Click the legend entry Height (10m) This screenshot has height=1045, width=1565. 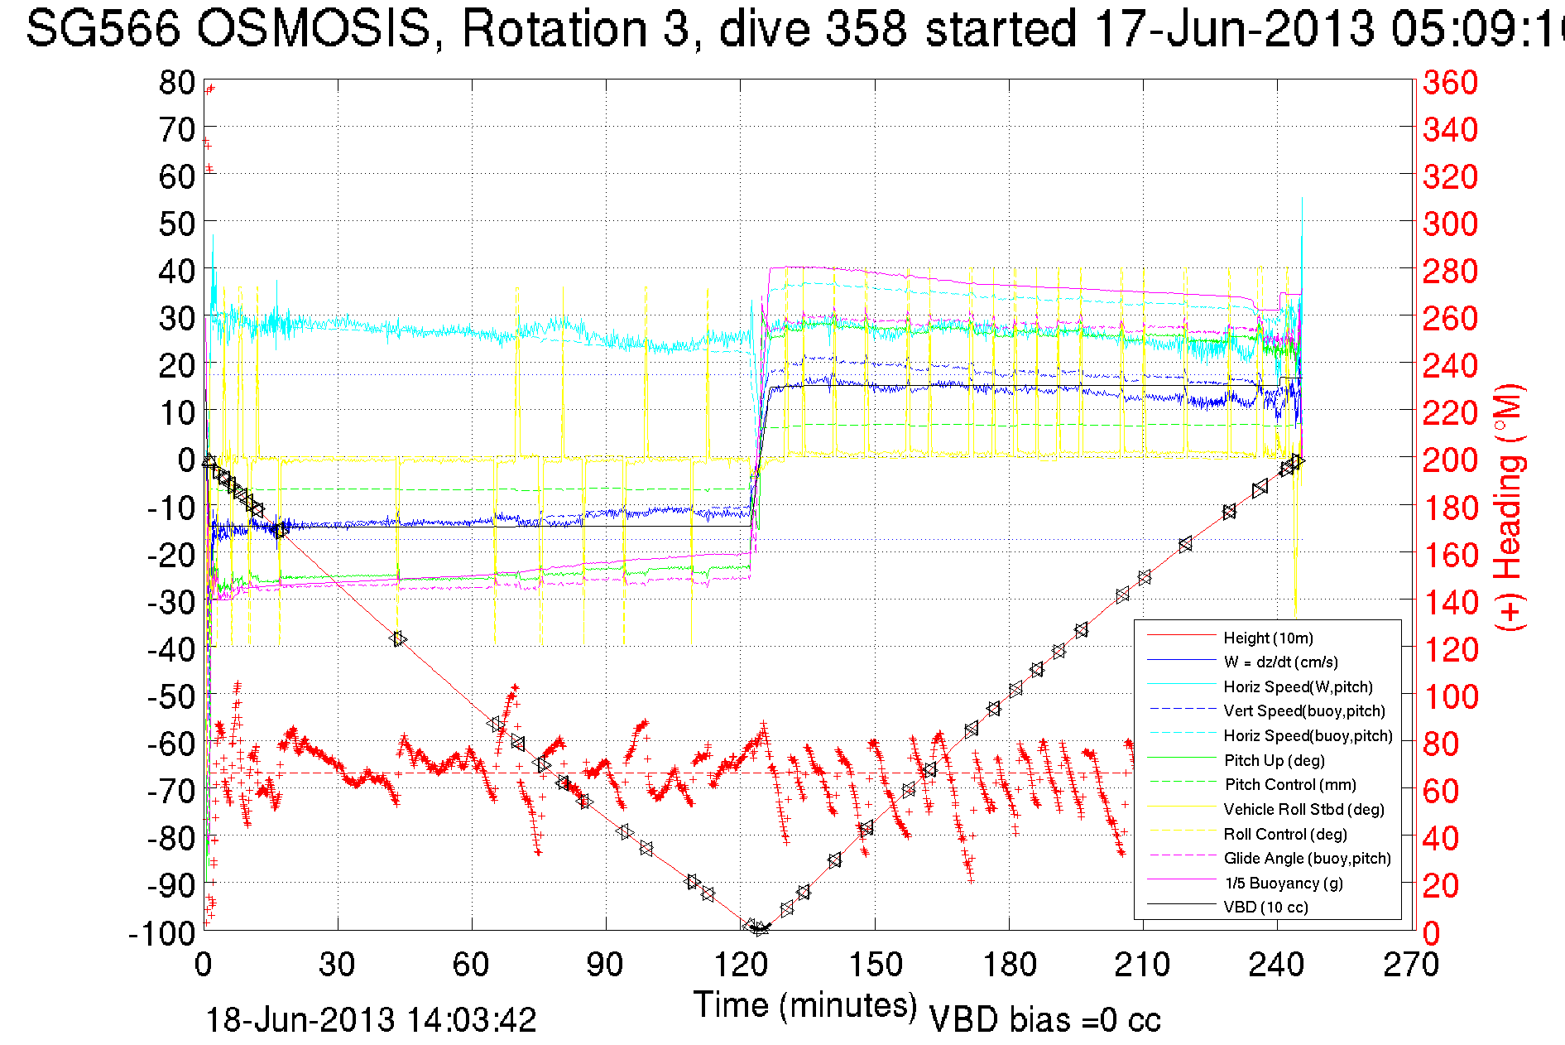(1268, 638)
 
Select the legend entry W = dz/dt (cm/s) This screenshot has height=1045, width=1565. (1280, 662)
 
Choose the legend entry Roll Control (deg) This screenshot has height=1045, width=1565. (1284, 834)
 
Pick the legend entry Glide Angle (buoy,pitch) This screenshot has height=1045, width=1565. (1307, 858)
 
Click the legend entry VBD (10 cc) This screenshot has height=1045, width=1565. (1265, 907)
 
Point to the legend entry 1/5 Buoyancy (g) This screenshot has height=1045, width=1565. (1283, 883)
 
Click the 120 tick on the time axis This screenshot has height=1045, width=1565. (740, 965)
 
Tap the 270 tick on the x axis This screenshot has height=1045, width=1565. (1411, 965)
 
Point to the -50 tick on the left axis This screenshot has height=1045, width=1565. (170, 696)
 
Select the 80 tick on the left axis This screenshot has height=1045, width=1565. (176, 82)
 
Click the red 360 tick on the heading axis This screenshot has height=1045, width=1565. (1450, 82)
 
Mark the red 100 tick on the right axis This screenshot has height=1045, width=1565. (1450, 696)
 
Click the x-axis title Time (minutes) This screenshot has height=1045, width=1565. (805, 1005)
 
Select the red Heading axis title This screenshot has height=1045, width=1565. (1510, 507)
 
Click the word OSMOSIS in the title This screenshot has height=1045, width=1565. (314, 29)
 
